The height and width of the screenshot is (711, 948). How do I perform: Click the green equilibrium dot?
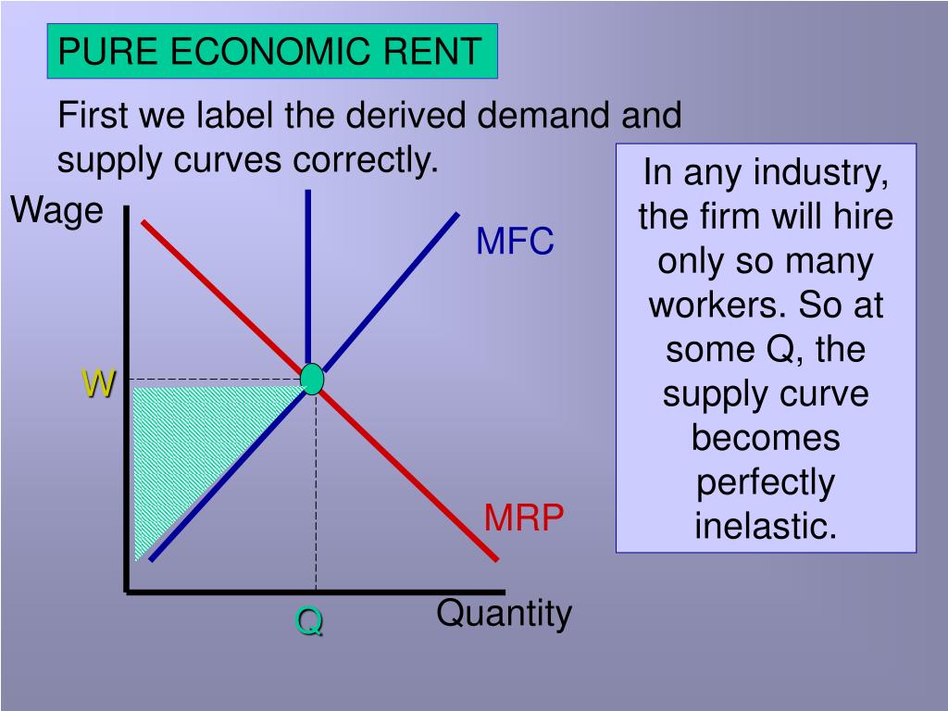[x=313, y=379]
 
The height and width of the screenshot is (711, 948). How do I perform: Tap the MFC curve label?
[x=515, y=243]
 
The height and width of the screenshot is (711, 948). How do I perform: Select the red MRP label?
[x=524, y=519]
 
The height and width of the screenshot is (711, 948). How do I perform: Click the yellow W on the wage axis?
[x=97, y=383]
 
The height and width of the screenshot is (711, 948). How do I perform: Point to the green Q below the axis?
[x=309, y=622]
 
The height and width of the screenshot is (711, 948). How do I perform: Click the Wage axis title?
[x=56, y=211]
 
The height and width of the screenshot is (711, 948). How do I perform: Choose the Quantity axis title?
[x=505, y=613]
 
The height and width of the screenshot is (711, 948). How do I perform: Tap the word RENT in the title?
[x=434, y=52]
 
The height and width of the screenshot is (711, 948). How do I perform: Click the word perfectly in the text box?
[x=766, y=482]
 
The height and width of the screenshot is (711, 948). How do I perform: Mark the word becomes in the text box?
[x=766, y=438]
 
